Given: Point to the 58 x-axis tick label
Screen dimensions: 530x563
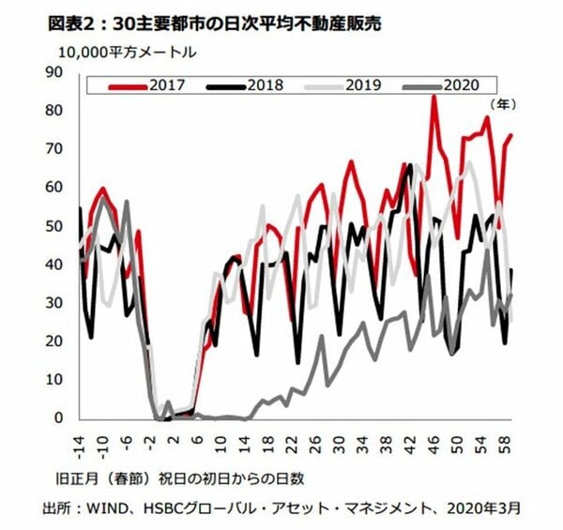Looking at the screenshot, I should point(507,439).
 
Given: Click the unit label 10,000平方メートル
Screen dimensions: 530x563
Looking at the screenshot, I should point(115,53).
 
